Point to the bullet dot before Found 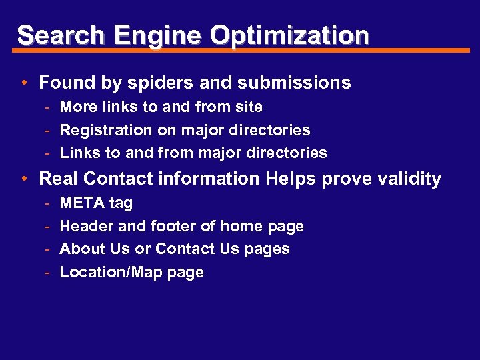23,83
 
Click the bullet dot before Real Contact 23,179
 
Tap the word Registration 105,130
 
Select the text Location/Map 109,272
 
